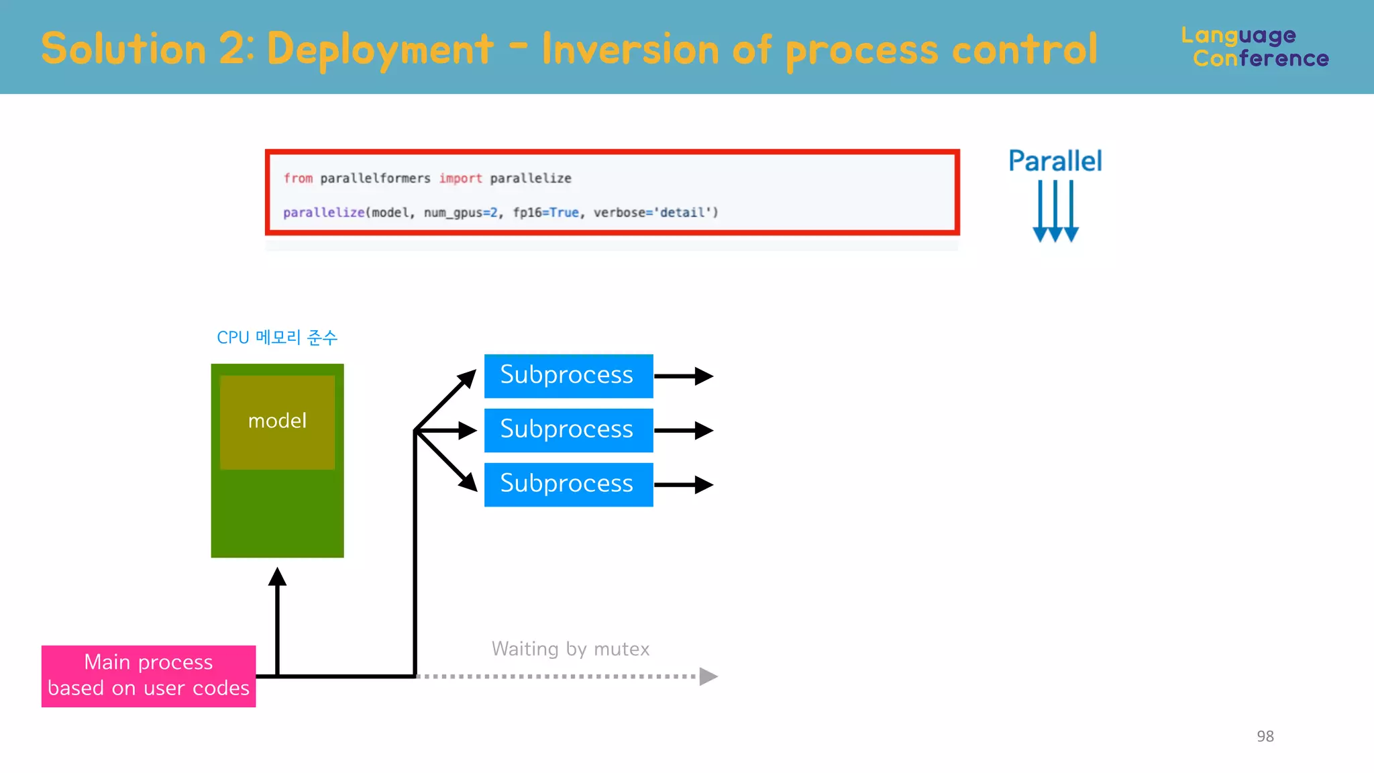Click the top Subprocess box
(x=568, y=376)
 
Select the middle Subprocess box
(x=568, y=430)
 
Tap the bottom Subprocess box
(x=568, y=484)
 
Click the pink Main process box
(x=148, y=676)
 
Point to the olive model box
(x=277, y=422)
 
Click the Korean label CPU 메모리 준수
(x=276, y=338)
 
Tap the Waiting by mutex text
(x=570, y=649)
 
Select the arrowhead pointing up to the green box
(x=277, y=577)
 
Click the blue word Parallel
(x=1055, y=162)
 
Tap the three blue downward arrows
(x=1055, y=211)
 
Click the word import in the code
(x=460, y=178)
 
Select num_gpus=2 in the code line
(x=461, y=213)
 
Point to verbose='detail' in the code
(x=655, y=213)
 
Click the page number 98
(x=1265, y=736)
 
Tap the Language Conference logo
(x=1255, y=47)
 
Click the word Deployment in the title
(x=380, y=50)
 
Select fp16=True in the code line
(x=545, y=213)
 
